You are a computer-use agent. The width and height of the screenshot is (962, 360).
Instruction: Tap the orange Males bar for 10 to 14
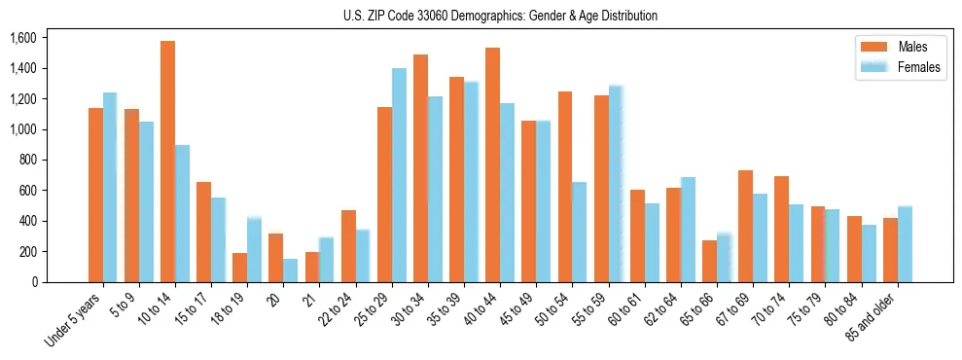coord(167,162)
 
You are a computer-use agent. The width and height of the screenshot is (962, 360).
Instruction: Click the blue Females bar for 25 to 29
coord(399,175)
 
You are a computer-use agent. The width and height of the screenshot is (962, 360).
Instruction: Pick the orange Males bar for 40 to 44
coord(492,164)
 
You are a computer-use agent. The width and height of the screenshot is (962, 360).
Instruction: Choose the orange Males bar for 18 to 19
coord(239,268)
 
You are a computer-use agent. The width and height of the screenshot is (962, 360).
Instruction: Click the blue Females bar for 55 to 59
coord(616,184)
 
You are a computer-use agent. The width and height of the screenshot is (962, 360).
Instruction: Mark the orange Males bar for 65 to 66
coord(709,261)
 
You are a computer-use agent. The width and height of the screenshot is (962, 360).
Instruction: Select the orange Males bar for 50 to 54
coord(565,187)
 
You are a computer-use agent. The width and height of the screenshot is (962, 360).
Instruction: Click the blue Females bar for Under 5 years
coord(110,188)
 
